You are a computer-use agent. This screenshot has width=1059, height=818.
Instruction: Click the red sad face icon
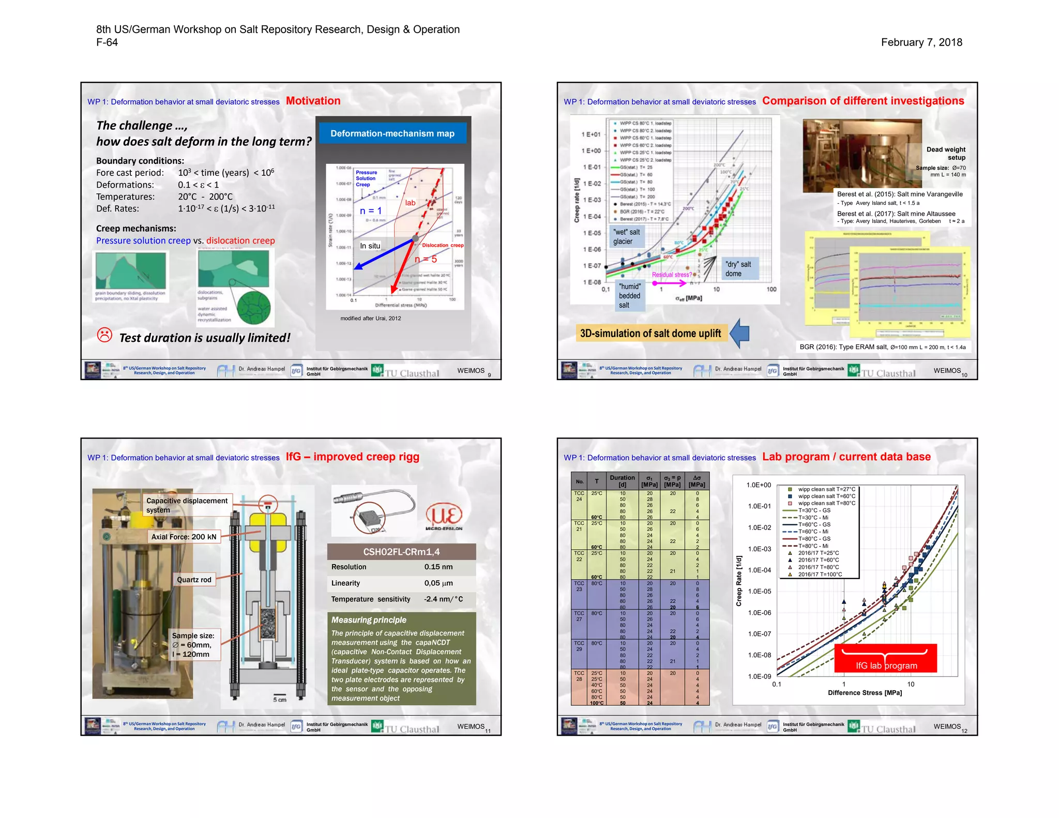pyautogui.click(x=104, y=335)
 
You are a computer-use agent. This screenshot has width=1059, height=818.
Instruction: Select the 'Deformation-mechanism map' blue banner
pyautogui.click(x=392, y=133)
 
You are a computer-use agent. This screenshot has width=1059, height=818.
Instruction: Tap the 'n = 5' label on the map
pyautogui.click(x=426, y=259)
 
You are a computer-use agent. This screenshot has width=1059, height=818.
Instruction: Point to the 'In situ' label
pyautogui.click(x=370, y=246)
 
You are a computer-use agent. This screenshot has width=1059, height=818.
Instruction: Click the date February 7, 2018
pyautogui.click(x=921, y=42)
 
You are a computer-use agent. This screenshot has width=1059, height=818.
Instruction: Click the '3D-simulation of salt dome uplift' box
pyautogui.click(x=650, y=334)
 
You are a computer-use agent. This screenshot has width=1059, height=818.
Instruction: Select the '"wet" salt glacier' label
pyautogui.click(x=626, y=237)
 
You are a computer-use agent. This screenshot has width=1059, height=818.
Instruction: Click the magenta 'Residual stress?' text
pyautogui.click(x=671, y=275)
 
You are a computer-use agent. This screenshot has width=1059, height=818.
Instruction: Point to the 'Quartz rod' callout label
pyautogui.click(x=194, y=580)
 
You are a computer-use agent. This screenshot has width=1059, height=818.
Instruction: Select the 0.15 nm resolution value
pyautogui.click(x=438, y=567)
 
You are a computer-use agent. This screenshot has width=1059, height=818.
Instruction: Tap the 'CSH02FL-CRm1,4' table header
pyautogui.click(x=401, y=552)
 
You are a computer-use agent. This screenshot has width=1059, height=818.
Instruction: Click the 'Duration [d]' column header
pyautogui.click(x=622, y=481)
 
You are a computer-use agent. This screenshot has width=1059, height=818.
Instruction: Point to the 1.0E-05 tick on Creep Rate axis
pyautogui.click(x=759, y=592)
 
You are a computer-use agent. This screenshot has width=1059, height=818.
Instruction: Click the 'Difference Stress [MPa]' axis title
pyautogui.click(x=865, y=693)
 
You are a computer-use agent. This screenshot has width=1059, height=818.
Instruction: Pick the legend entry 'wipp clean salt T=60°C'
pyautogui.click(x=826, y=496)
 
